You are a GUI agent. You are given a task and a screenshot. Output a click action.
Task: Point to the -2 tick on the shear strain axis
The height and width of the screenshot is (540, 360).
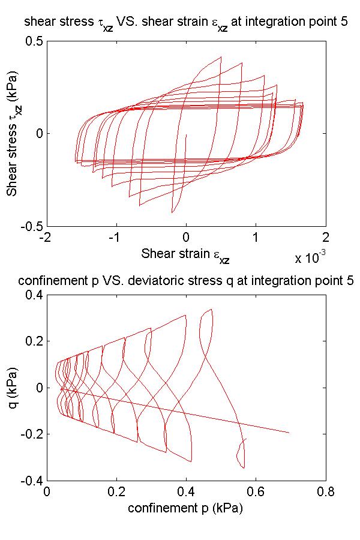[46, 236]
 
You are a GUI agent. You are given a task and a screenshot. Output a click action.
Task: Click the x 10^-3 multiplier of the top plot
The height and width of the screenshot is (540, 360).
[310, 258]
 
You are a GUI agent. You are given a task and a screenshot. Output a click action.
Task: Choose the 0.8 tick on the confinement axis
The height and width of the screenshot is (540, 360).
[326, 491]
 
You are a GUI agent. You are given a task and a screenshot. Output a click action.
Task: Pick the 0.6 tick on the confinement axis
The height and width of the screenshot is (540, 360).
[256, 491]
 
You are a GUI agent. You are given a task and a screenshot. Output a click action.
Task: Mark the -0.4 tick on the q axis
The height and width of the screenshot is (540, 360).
[31, 481]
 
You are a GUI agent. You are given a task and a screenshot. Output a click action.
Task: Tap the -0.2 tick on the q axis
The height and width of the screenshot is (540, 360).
[31, 434]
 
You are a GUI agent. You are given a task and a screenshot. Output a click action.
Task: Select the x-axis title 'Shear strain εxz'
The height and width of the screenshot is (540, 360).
[185, 254]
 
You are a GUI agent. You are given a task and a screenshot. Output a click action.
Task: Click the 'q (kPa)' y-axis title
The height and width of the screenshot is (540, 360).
[13, 388]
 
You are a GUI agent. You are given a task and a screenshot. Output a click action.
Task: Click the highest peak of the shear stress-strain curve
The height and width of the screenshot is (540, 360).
[221, 57]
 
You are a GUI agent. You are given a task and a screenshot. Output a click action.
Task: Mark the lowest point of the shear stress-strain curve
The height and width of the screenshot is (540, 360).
[172, 212]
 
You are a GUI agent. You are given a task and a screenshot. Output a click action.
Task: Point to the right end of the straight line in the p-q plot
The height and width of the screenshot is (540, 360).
[289, 433]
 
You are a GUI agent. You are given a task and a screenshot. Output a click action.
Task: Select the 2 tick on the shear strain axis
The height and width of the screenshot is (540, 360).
[326, 236]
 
